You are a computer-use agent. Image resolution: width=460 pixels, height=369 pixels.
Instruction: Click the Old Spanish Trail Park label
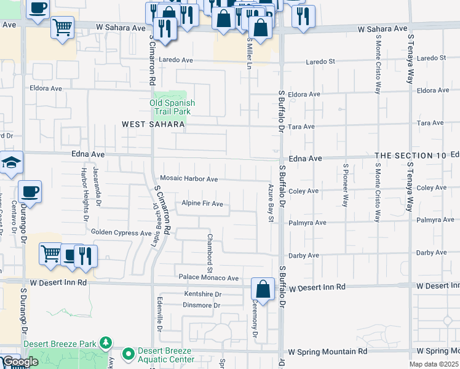click(172, 107)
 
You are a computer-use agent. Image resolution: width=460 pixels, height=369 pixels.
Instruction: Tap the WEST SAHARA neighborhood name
click(153, 124)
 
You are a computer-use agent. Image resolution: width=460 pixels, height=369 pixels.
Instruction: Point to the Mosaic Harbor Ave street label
click(189, 179)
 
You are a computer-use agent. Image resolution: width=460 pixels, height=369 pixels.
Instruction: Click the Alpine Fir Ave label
click(202, 204)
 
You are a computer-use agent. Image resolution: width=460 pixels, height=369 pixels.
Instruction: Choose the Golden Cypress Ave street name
click(121, 233)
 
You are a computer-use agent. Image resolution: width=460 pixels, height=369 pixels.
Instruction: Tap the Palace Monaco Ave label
click(208, 278)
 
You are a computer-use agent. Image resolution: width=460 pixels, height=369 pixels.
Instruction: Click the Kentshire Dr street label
click(202, 295)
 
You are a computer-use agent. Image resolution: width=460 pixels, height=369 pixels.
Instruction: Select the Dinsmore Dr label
click(199, 305)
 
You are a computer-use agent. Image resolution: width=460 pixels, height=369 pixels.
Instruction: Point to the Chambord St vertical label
click(209, 253)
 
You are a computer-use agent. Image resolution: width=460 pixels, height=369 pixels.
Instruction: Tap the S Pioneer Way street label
click(346, 184)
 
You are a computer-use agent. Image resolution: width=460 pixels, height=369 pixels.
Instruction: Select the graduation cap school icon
click(12, 162)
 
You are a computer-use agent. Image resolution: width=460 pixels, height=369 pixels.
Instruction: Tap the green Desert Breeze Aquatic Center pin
click(128, 354)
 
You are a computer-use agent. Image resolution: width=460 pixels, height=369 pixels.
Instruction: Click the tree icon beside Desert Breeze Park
click(106, 342)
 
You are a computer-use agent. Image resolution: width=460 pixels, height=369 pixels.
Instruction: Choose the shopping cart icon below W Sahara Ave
click(62, 27)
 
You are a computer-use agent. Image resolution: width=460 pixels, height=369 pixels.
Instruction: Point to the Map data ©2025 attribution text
click(433, 364)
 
